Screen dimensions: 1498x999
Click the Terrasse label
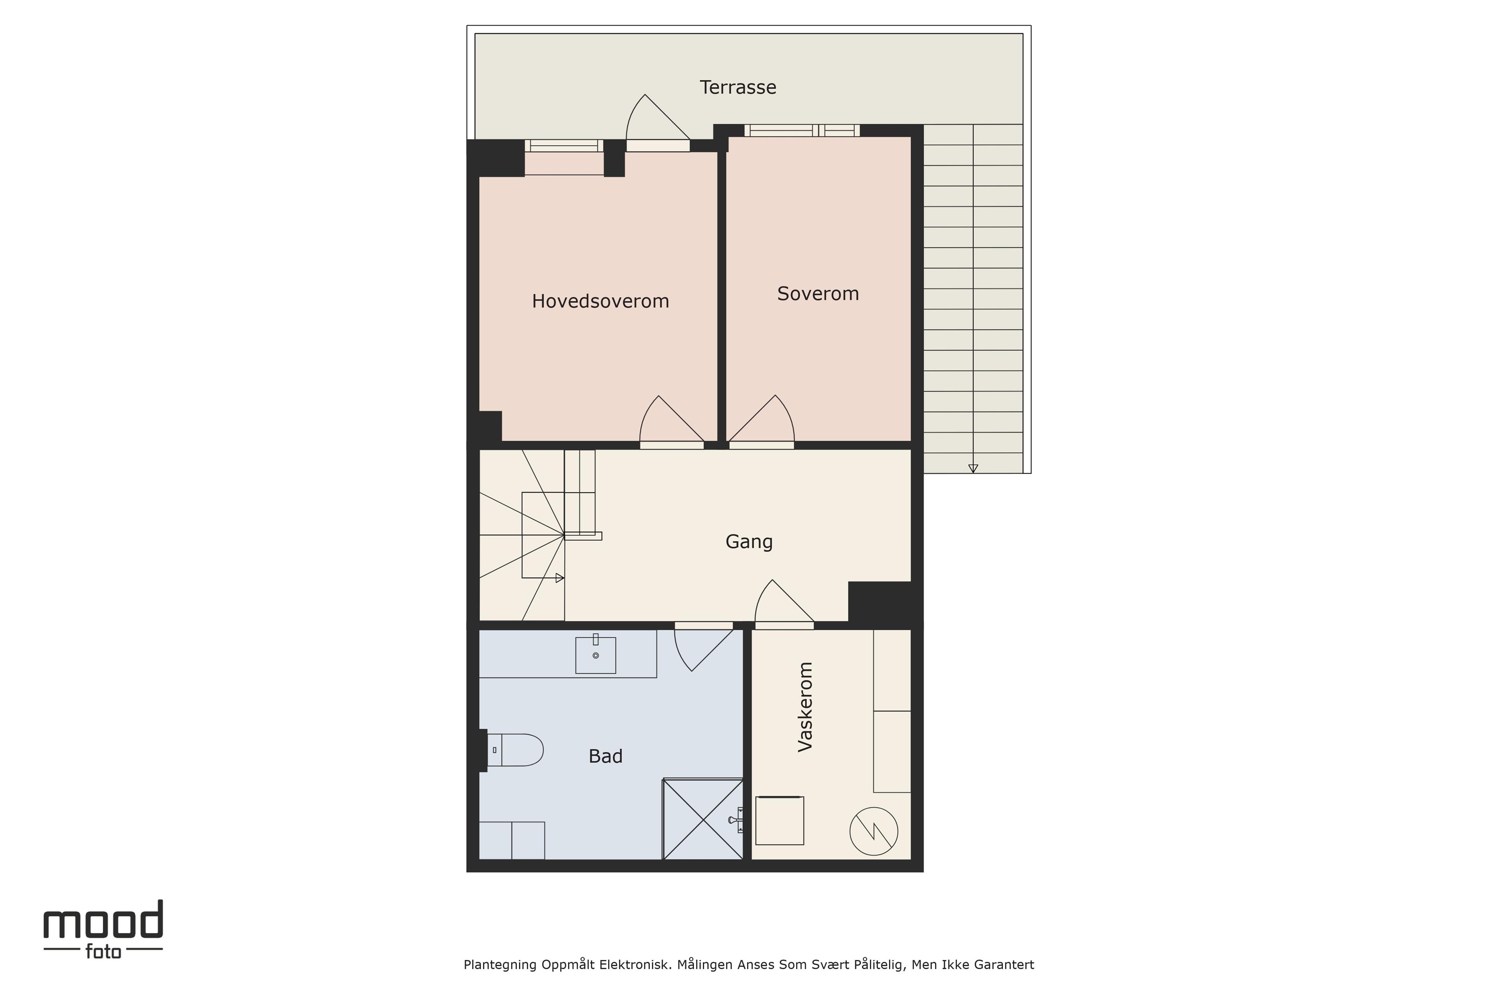coord(738,87)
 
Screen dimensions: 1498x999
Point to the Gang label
coord(749,542)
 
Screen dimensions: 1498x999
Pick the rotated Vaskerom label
coord(805,707)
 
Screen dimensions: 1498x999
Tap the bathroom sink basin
coord(596,655)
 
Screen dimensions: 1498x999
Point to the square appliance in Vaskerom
coord(779,821)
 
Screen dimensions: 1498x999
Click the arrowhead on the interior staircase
coord(560,578)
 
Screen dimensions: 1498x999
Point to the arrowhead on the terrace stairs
coord(973,468)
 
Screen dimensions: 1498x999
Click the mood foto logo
coord(103,929)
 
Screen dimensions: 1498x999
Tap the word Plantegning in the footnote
coord(500,965)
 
